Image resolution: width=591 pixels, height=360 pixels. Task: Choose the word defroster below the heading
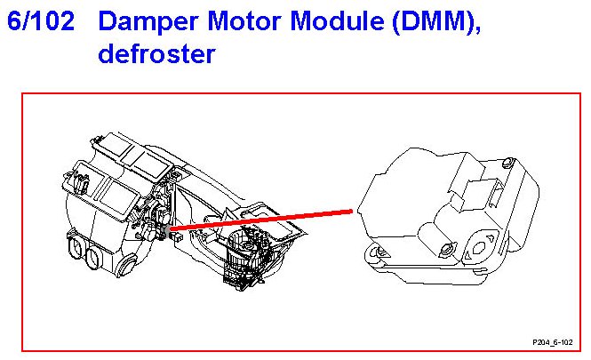157,54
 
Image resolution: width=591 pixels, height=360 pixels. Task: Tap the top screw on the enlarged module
506,163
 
